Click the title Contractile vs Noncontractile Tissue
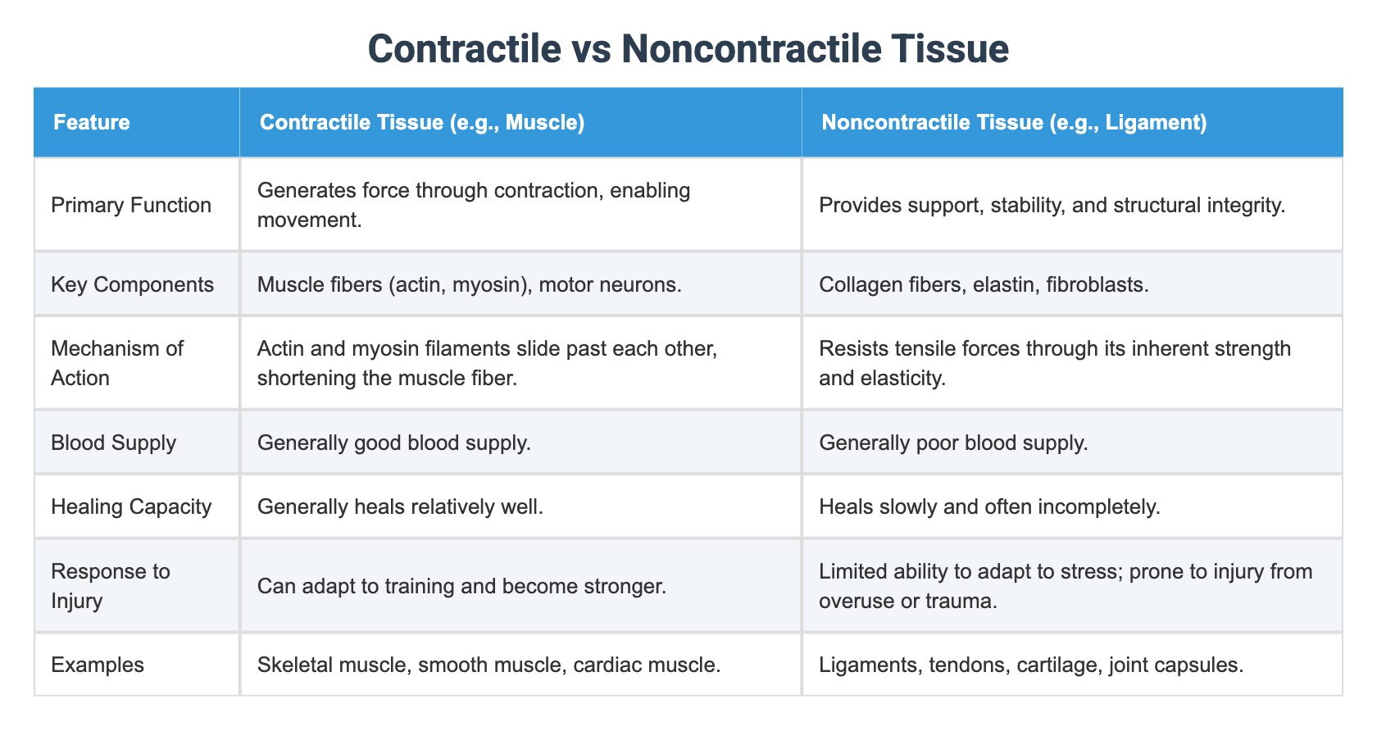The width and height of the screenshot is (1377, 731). (x=688, y=48)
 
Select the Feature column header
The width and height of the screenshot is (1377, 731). (x=91, y=123)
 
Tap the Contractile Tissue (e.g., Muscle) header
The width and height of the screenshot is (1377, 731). (x=421, y=123)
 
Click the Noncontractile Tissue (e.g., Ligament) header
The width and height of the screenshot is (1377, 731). (x=1013, y=123)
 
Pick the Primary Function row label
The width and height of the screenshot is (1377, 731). (x=131, y=205)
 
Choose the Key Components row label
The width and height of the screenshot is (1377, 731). (x=132, y=284)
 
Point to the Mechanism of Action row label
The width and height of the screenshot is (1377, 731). (x=116, y=363)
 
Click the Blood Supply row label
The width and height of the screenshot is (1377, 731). (x=113, y=443)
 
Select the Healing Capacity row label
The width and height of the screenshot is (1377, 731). (x=131, y=506)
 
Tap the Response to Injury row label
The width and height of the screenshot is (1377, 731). (x=110, y=585)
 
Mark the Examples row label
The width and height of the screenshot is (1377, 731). (x=97, y=665)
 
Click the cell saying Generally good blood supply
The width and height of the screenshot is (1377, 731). (x=393, y=443)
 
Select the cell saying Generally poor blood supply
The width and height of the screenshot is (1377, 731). (x=953, y=443)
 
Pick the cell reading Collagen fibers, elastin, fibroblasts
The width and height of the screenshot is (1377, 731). (x=984, y=284)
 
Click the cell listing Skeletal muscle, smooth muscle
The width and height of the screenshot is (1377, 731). (x=489, y=665)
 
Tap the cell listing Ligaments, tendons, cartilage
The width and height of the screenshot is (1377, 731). (x=1030, y=665)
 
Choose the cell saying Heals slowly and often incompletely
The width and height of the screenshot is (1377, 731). (x=989, y=506)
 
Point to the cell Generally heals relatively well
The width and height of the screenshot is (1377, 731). (x=400, y=506)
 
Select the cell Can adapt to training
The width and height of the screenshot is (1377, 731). (x=461, y=585)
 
